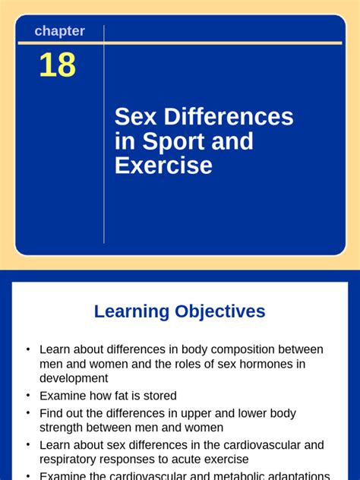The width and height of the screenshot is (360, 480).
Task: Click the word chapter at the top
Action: coord(59,31)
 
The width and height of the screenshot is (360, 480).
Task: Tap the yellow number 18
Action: coord(58,65)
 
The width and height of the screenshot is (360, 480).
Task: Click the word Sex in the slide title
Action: coord(133,116)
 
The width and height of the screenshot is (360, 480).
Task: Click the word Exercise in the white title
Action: coord(163,166)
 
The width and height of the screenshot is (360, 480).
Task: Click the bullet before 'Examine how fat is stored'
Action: coord(28,396)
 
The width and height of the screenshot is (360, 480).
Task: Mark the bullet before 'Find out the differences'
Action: coord(28,413)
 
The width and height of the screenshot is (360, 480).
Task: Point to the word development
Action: coord(74,378)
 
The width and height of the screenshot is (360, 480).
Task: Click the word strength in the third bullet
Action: coord(61,428)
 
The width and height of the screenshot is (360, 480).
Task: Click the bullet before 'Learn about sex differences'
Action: coord(28,445)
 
